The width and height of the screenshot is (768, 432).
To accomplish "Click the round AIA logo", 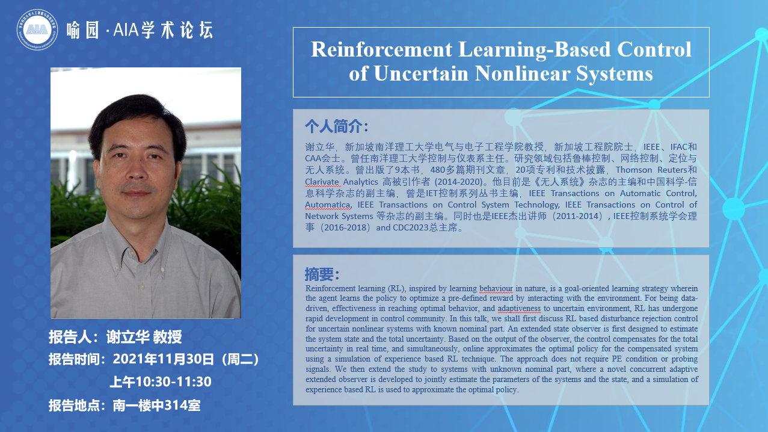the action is (37, 29).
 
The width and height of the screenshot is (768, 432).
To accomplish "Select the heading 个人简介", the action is (334, 126).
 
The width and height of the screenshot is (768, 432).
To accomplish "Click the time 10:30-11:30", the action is (173, 381).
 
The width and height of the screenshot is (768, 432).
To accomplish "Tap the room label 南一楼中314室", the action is (157, 406).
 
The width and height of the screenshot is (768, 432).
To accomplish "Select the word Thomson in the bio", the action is (634, 170).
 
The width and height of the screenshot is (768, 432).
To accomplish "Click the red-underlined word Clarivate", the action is (322, 182).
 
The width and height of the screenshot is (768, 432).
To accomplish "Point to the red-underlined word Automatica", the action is (327, 205).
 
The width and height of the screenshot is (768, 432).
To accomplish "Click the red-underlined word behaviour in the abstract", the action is (496, 289).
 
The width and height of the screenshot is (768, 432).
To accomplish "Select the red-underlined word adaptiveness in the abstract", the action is (519, 309).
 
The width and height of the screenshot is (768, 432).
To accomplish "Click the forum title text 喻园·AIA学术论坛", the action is (140, 30).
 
